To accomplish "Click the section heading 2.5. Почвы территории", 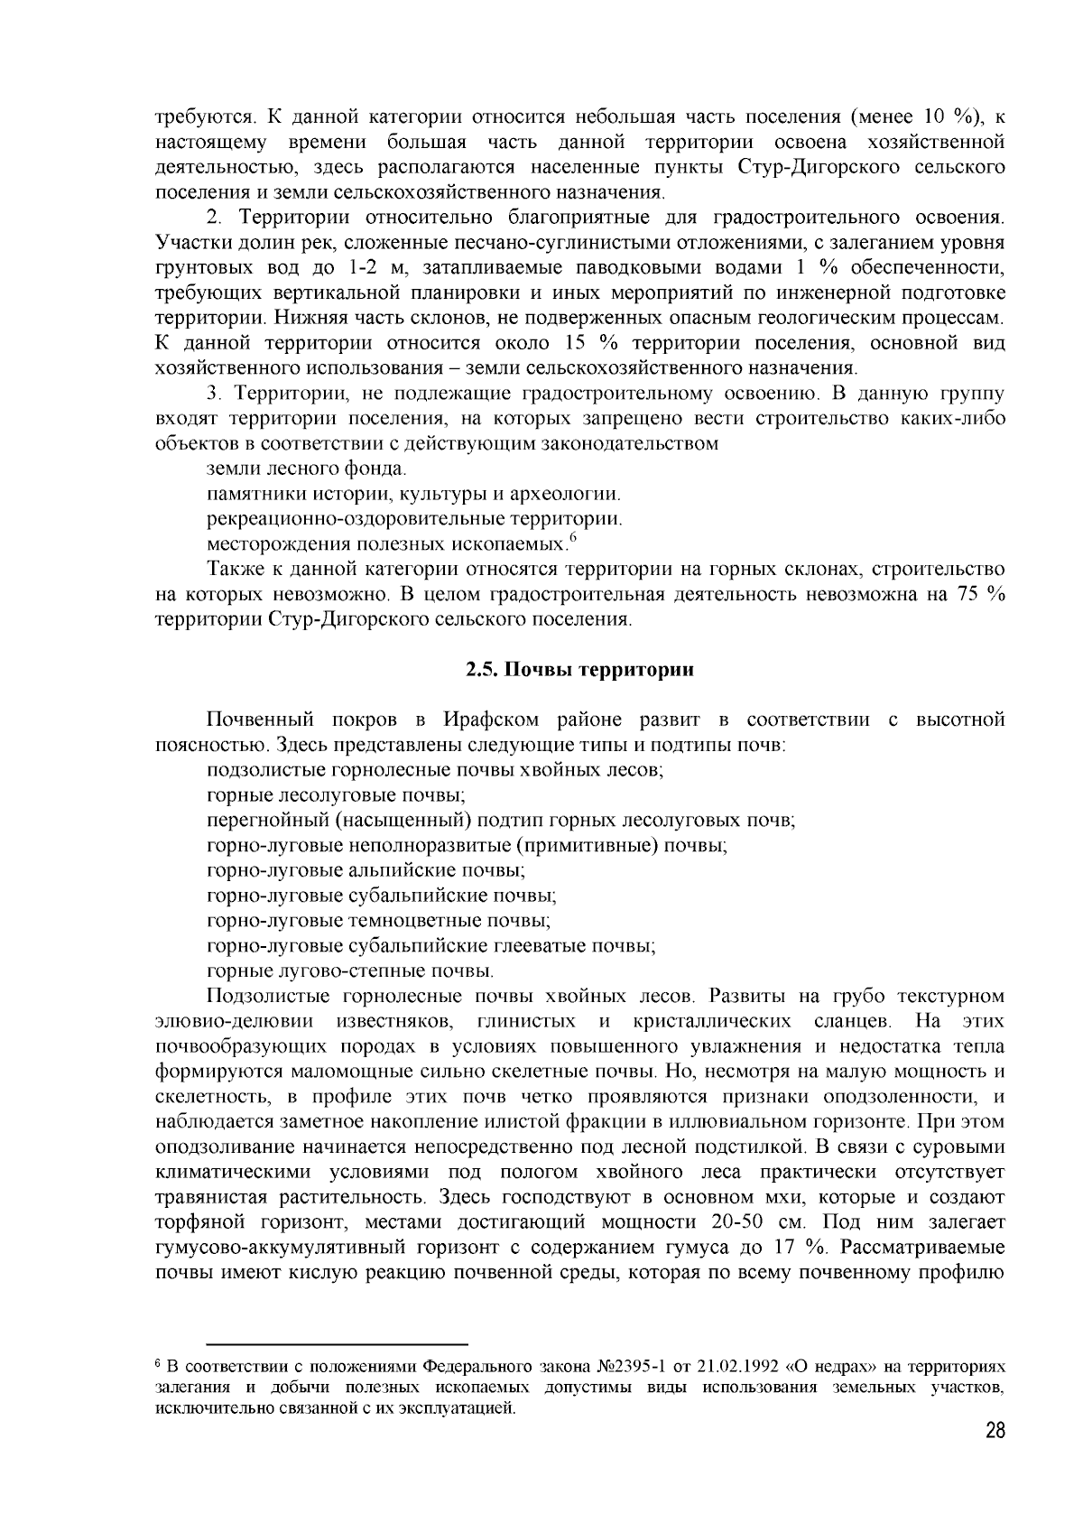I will (x=579, y=669).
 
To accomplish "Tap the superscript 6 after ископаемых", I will (x=572, y=538).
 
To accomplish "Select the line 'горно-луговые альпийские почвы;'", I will (x=366, y=871).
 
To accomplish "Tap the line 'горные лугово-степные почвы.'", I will (x=350, y=971).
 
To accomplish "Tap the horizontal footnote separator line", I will (x=338, y=1343).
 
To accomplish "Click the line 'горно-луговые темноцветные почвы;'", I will (x=378, y=921).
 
